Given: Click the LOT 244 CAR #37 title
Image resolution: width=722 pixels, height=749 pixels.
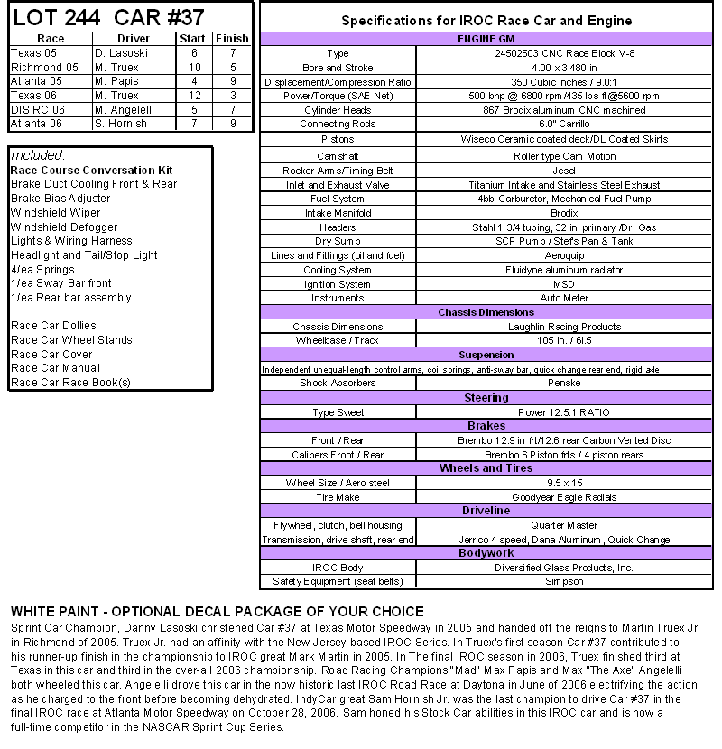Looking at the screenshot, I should (108, 17).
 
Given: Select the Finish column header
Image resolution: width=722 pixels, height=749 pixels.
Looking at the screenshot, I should (232, 39).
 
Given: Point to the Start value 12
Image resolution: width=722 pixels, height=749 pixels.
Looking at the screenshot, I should (194, 96).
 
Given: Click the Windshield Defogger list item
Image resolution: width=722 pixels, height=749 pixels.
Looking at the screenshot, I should (64, 227).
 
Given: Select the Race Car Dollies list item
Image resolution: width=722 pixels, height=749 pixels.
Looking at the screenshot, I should (53, 326).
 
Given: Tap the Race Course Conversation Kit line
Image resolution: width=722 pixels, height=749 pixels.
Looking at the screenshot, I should (92, 171).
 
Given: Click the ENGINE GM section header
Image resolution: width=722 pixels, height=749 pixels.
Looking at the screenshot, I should (486, 40).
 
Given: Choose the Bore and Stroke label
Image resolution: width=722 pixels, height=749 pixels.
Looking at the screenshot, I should (338, 68).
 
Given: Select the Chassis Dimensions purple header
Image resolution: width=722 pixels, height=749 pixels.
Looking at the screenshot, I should (486, 312).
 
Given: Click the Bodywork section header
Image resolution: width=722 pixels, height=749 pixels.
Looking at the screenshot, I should (486, 552).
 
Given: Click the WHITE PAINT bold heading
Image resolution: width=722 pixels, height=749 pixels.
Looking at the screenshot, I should (217, 612).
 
